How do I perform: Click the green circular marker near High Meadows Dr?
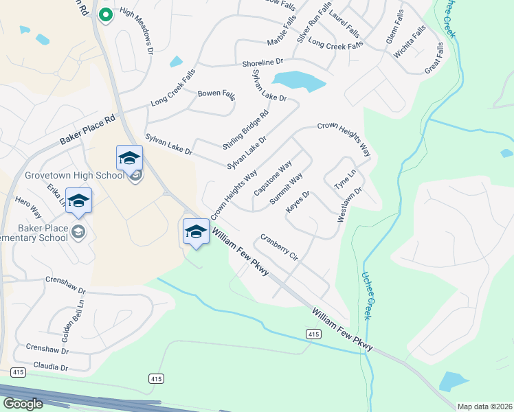tap(105, 14)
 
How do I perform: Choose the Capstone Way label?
tap(273, 178)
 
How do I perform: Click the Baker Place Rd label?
tap(89, 128)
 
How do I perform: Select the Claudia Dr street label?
tap(52, 368)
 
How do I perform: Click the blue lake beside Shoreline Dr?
tap(299, 82)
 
